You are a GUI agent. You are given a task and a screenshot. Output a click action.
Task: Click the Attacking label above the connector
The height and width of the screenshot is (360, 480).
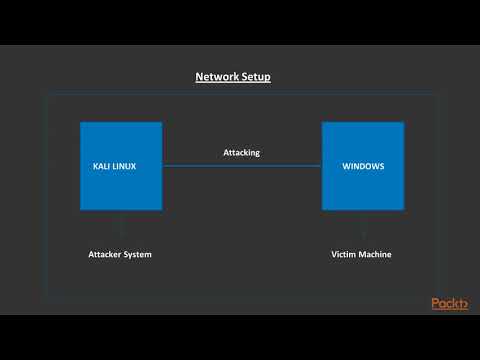pos(241,153)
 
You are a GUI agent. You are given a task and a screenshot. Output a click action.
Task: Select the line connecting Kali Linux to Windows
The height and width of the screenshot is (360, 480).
pos(242,166)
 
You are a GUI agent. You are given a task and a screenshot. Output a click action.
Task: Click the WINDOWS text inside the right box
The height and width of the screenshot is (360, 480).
pos(363,166)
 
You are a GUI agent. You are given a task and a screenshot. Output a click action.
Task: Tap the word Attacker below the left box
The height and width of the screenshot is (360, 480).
pos(106,254)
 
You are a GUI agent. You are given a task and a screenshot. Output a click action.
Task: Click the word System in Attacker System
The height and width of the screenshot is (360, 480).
pos(138,254)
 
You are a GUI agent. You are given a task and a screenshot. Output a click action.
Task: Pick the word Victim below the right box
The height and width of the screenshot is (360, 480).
pos(344,254)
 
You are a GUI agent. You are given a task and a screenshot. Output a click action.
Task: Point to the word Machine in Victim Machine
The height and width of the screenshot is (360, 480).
pos(376,254)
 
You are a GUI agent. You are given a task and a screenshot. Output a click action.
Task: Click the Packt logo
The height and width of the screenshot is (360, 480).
pos(450,303)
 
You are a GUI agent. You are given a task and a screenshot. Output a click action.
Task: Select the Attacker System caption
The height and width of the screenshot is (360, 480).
pos(120,254)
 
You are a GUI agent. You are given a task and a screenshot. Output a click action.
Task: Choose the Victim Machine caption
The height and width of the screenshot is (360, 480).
pos(362,254)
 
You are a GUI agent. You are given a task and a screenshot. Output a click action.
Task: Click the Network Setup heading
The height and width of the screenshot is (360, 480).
pos(233,77)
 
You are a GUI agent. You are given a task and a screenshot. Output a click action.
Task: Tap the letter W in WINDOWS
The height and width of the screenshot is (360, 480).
pos(346,166)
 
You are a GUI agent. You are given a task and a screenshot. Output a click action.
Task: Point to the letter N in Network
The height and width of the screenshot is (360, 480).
pos(199,77)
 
